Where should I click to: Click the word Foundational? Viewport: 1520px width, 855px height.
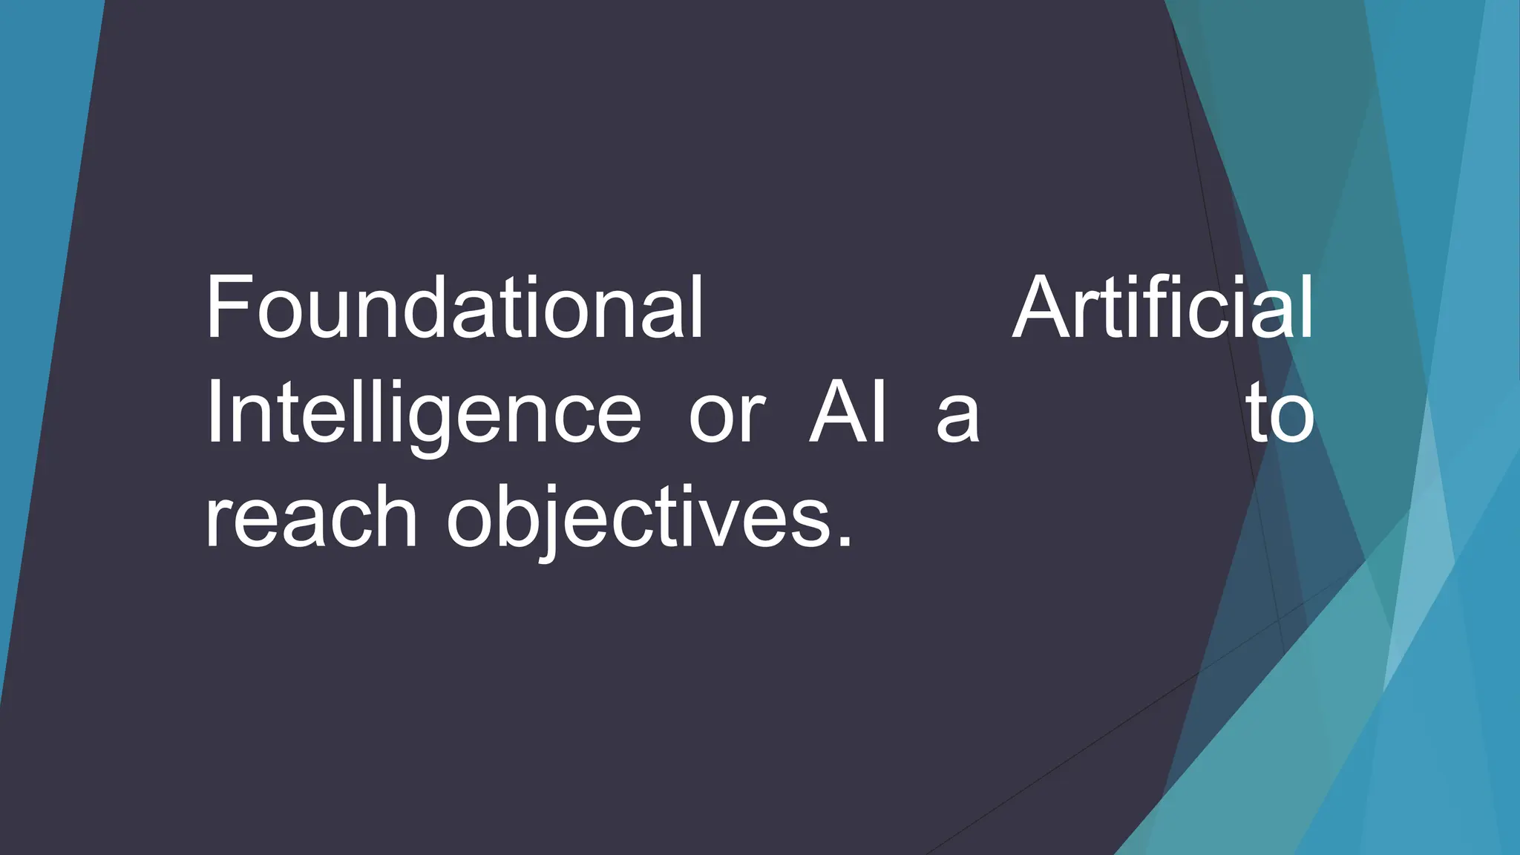453,307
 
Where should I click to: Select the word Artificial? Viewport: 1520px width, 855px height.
1162,307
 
